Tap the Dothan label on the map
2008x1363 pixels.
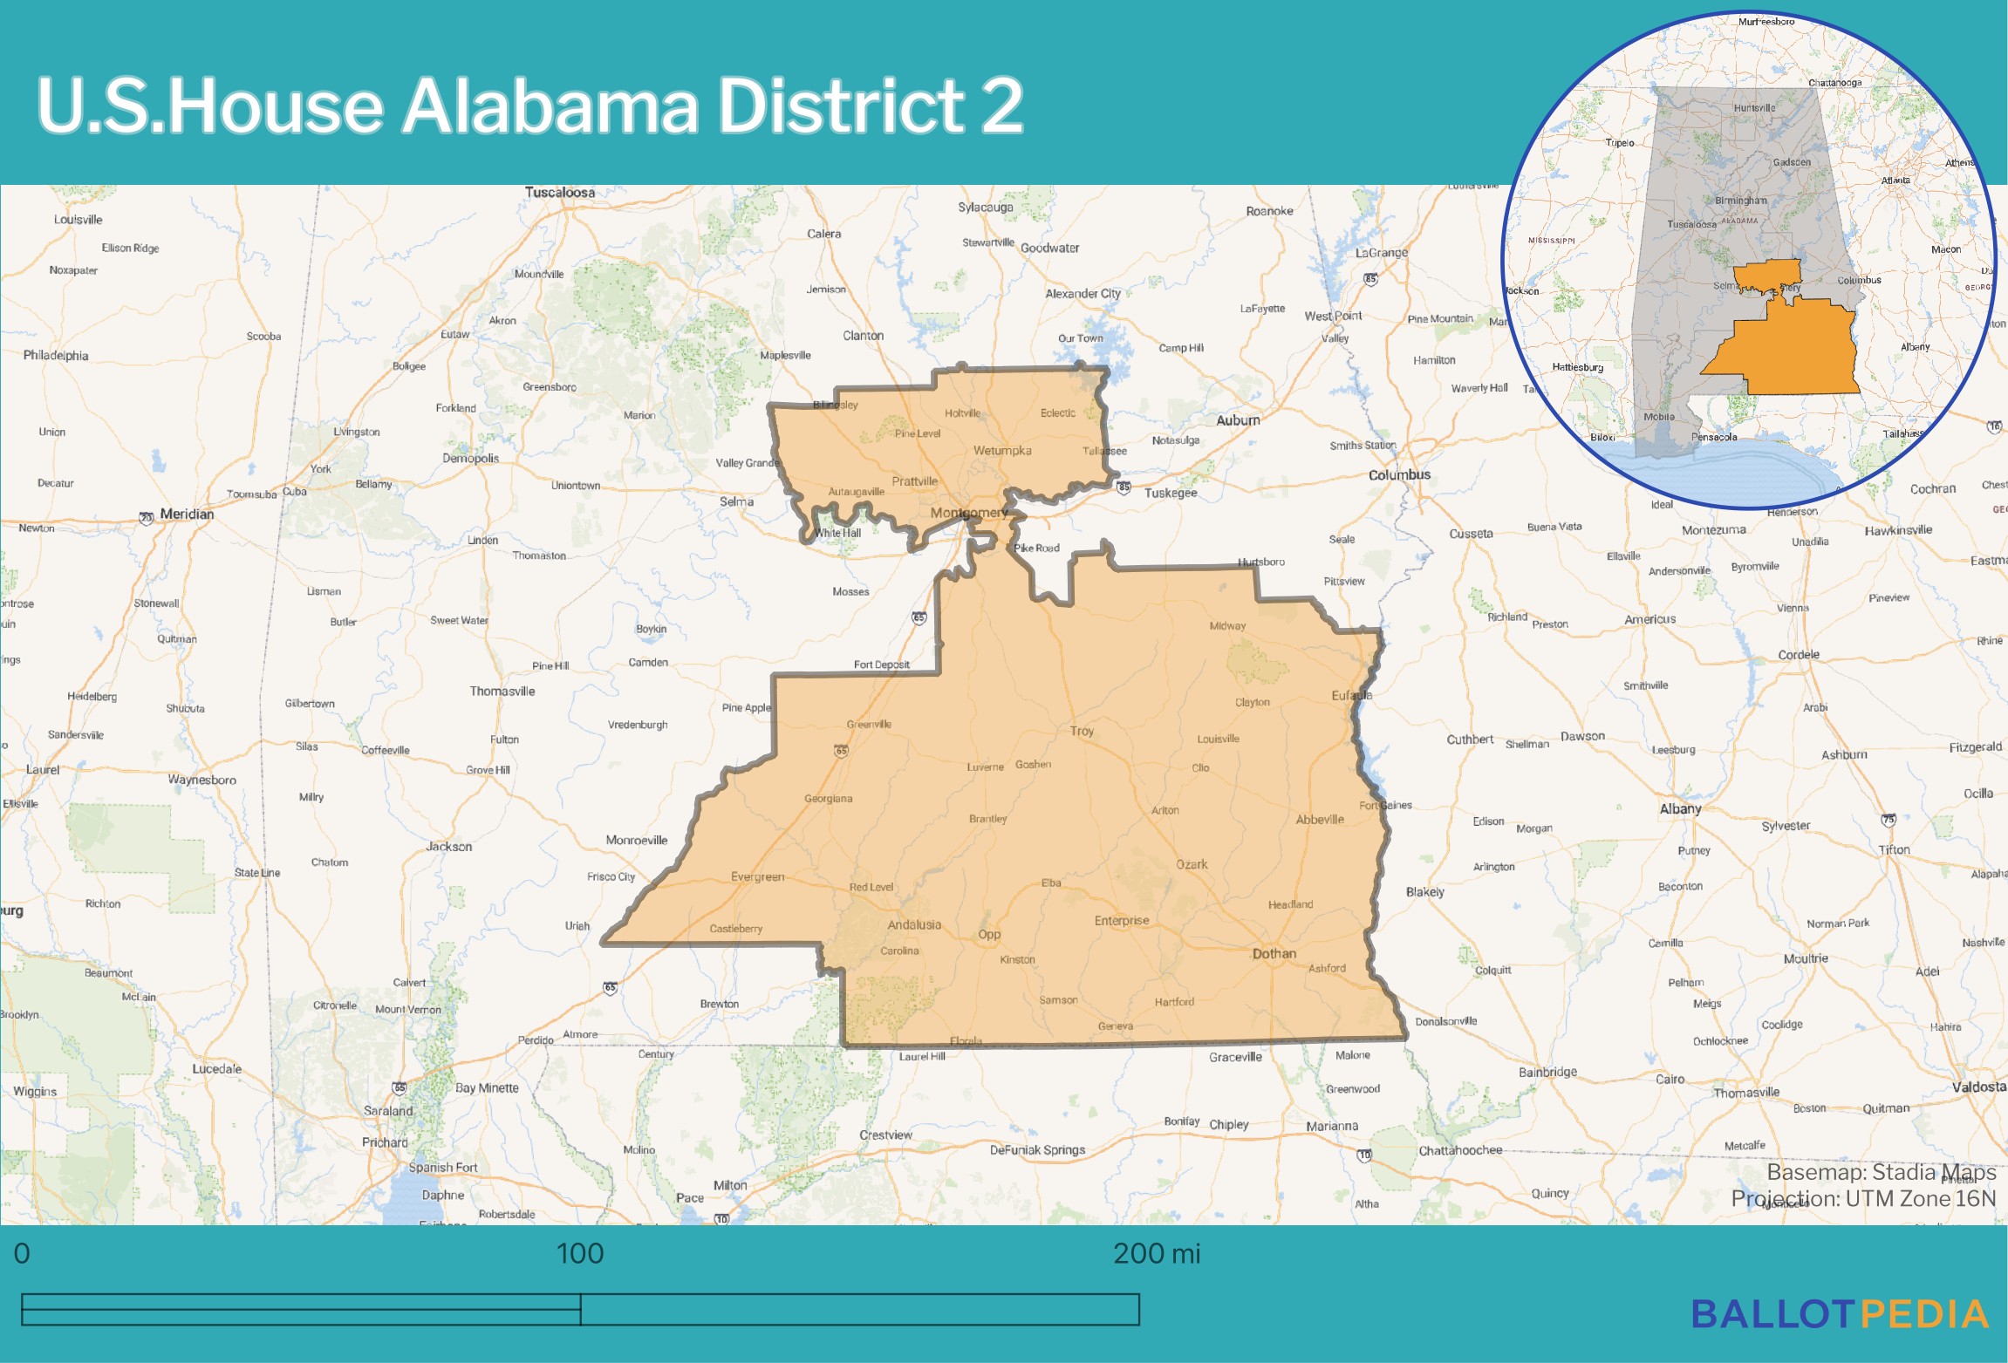1274,954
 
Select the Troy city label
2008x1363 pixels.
1082,731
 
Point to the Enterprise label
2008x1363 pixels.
1122,921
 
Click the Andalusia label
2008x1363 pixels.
914,925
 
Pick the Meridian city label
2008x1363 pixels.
187,515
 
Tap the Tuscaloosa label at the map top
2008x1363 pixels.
560,193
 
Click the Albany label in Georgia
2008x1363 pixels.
1680,809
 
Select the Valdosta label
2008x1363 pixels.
1978,1087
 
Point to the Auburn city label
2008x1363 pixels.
1238,420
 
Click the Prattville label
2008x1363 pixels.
914,481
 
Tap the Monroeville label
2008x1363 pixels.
637,841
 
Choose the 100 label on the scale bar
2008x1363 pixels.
580,1254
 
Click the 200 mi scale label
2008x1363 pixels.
1157,1254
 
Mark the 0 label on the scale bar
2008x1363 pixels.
22,1254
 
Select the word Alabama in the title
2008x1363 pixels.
550,106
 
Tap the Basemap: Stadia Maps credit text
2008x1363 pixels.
1881,1172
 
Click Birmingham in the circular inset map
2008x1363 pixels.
1740,201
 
